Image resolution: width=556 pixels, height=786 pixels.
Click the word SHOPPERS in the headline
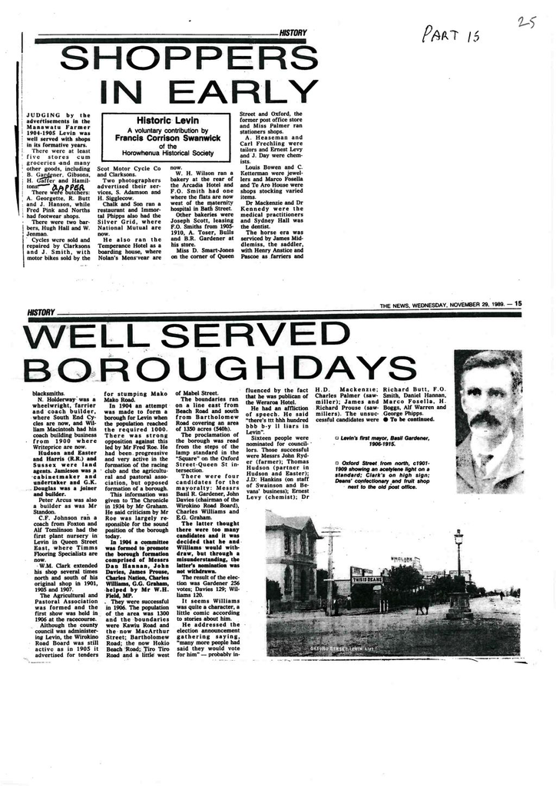[x=188, y=58]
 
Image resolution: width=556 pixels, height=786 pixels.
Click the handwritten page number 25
[x=527, y=23]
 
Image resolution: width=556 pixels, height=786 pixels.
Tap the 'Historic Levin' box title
[x=167, y=121]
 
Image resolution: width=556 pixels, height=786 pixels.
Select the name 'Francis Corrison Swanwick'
[x=167, y=138]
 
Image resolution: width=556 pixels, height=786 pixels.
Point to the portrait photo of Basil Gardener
[x=488, y=421]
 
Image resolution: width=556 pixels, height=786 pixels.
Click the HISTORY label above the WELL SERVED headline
[x=41, y=312]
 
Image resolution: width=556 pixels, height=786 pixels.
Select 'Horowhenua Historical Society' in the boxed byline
[x=167, y=153]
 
